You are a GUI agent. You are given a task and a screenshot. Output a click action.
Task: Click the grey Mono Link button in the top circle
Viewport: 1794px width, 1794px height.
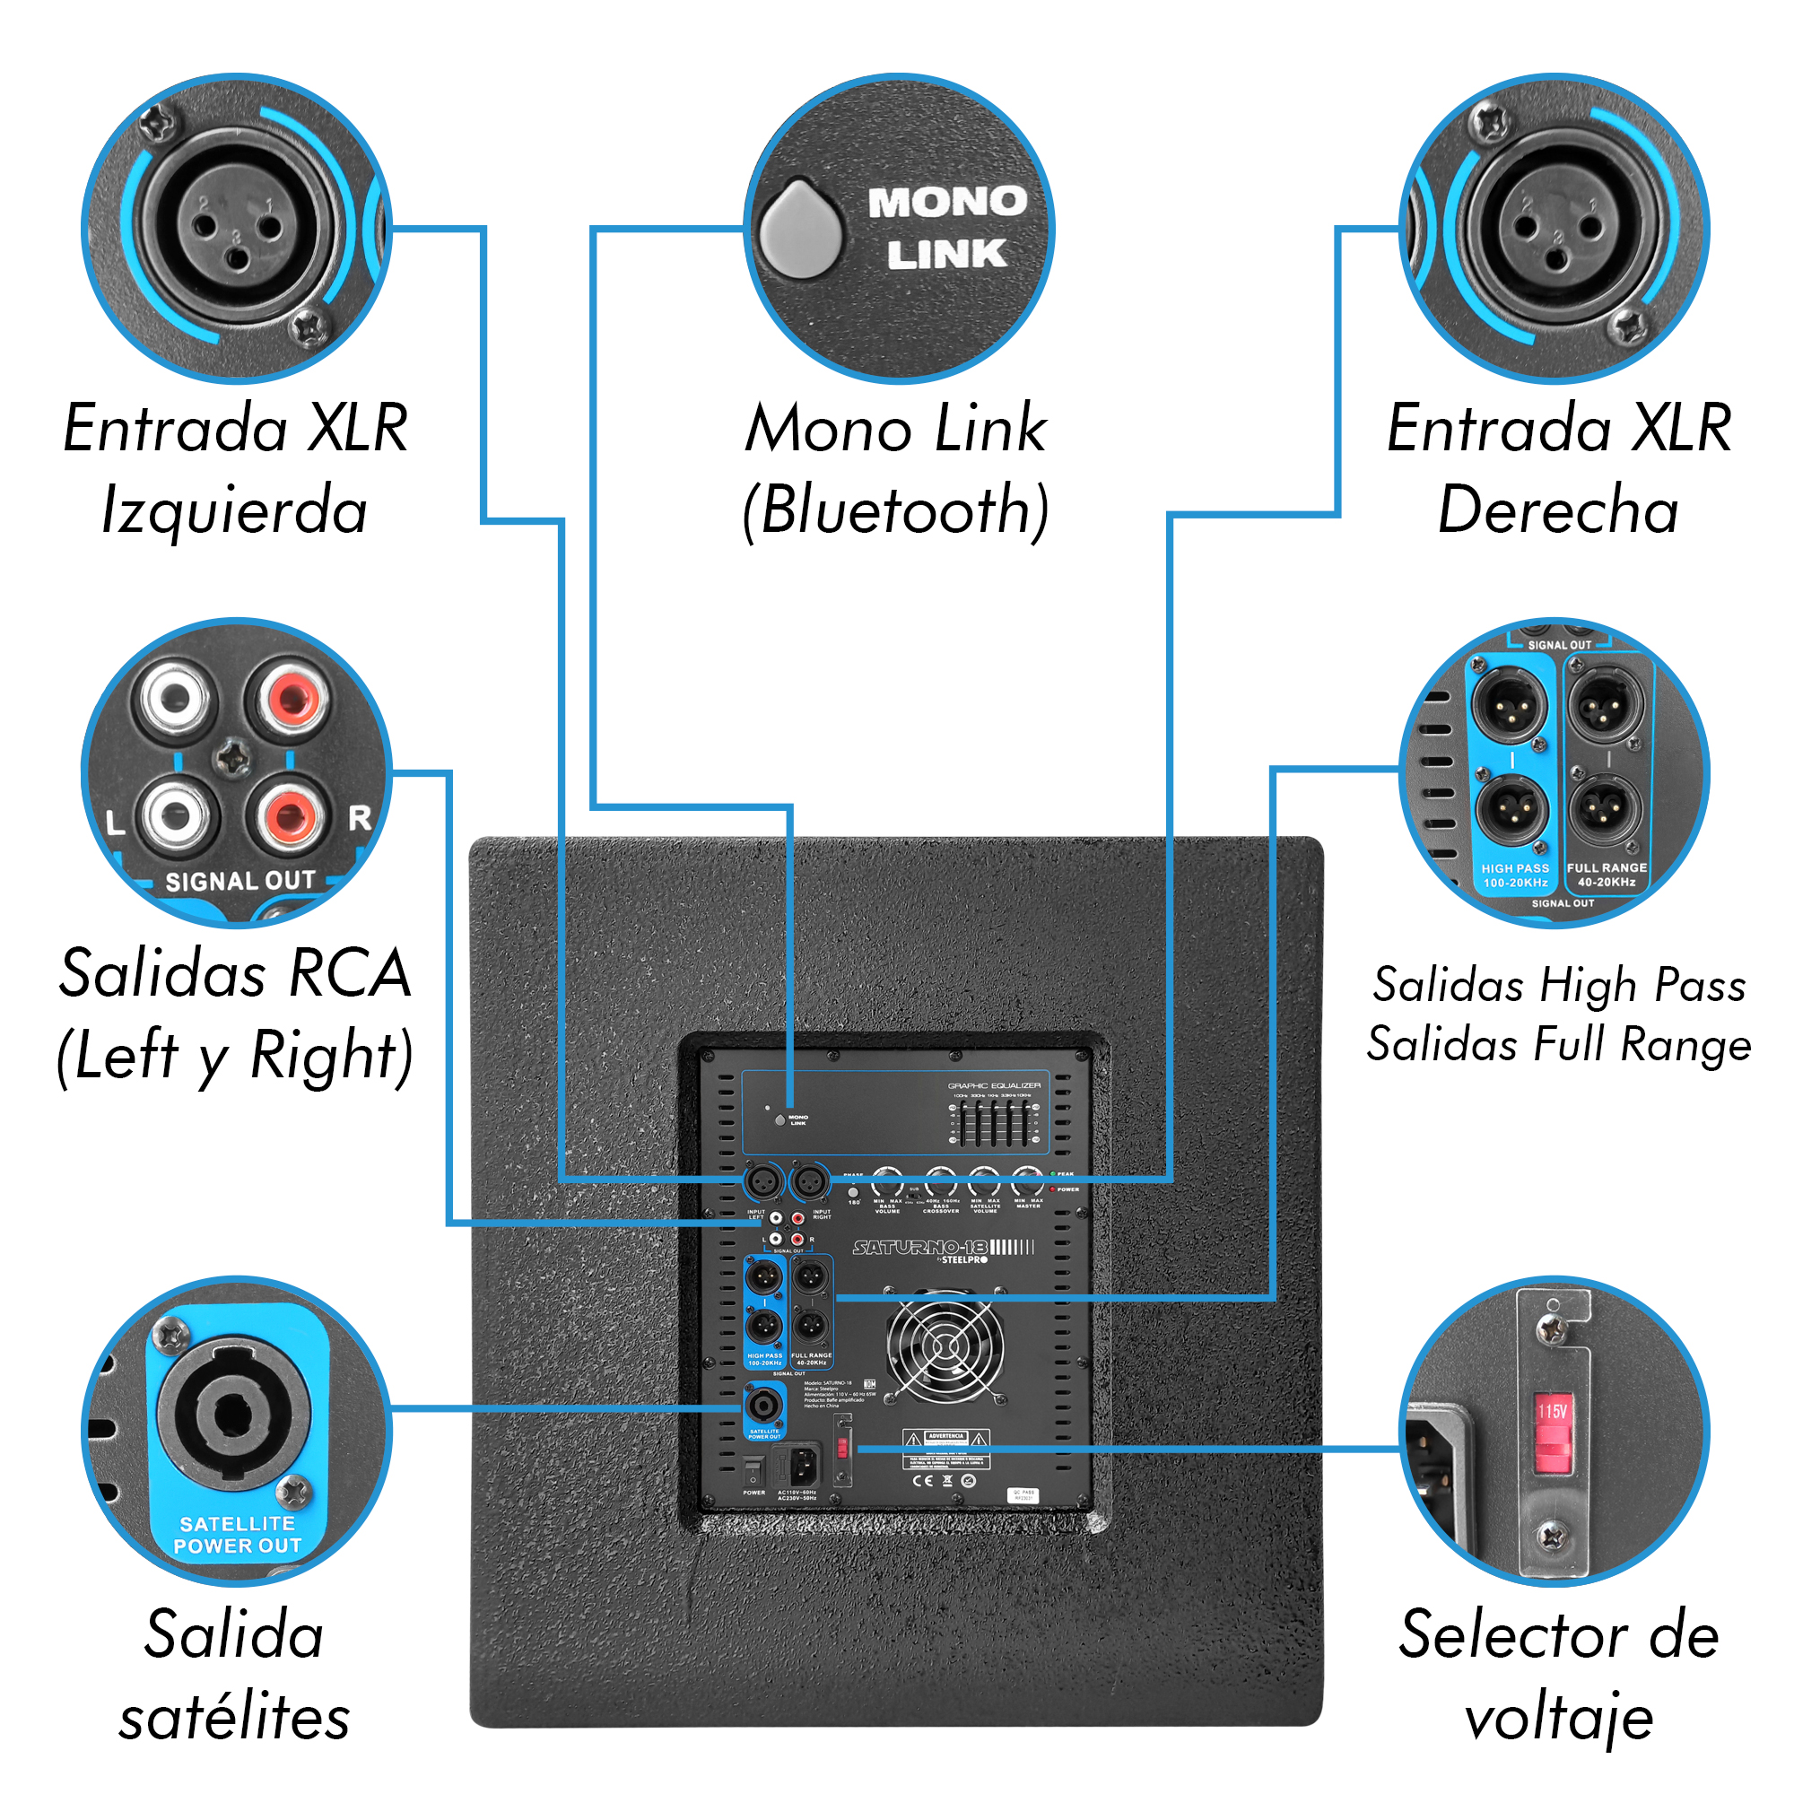point(799,229)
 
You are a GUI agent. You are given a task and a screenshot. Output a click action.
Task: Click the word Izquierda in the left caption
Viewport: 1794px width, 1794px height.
point(234,510)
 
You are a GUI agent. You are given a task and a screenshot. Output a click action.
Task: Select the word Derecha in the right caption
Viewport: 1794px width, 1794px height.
point(1558,510)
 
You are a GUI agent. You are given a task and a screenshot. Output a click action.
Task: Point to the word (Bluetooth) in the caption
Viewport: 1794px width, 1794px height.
point(896,510)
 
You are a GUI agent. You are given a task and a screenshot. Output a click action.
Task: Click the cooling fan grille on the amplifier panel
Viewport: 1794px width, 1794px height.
point(945,1345)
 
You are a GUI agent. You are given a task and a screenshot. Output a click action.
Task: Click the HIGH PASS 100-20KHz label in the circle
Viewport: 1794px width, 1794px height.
point(1514,875)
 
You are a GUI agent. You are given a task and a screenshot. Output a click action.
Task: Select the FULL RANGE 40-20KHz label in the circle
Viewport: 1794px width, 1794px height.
point(1607,874)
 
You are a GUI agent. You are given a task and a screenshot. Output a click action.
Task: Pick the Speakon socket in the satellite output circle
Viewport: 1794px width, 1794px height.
point(232,1415)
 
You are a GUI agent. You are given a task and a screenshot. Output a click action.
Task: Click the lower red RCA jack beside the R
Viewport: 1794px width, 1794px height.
point(290,817)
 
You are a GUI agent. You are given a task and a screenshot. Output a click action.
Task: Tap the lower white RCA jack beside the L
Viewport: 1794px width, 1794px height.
point(177,817)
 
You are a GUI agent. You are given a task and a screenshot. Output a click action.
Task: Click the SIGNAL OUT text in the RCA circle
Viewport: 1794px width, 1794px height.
point(239,880)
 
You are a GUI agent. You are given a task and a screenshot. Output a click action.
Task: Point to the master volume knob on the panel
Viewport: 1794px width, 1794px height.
point(1027,1182)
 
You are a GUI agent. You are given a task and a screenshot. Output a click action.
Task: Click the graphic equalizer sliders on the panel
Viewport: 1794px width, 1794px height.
point(991,1122)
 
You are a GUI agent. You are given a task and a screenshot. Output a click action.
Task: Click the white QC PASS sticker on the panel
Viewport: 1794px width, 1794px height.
point(1023,1495)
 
